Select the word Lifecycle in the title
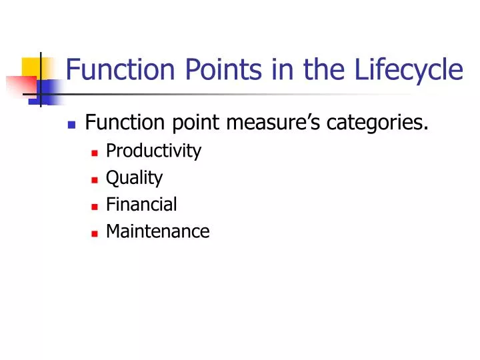point(399,69)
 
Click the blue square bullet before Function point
point(71,125)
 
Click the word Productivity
point(153,151)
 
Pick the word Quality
point(134,178)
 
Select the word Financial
point(141,204)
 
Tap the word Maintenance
point(157,231)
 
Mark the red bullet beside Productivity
point(95,153)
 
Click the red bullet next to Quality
point(95,179)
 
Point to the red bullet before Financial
point(95,206)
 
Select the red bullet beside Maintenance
point(95,233)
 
